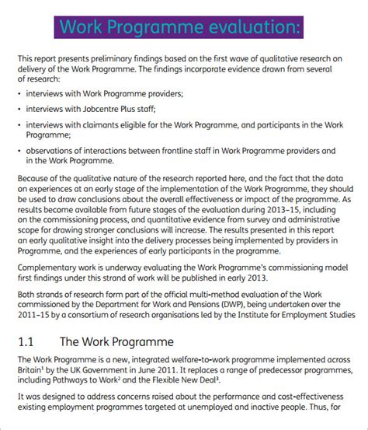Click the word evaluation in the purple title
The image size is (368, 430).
(x=244, y=29)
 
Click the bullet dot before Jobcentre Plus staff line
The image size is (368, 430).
(x=19, y=108)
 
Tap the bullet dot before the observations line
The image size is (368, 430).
(x=19, y=151)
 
